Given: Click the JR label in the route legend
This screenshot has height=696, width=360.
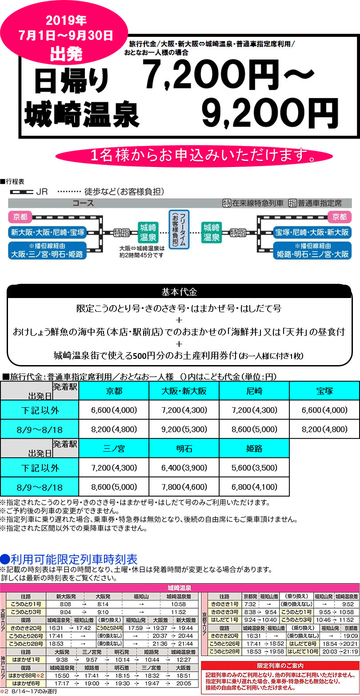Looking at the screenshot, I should click(42, 192).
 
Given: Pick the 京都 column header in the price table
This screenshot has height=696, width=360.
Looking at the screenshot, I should click(114, 391).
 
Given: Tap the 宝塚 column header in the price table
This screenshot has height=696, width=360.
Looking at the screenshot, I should click(324, 391).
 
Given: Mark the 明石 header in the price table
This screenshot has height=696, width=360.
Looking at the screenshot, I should click(184, 448).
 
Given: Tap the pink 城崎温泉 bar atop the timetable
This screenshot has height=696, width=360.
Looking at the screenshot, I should click(180, 587).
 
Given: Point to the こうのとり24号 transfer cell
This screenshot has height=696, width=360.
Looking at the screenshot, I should click(109, 628).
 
